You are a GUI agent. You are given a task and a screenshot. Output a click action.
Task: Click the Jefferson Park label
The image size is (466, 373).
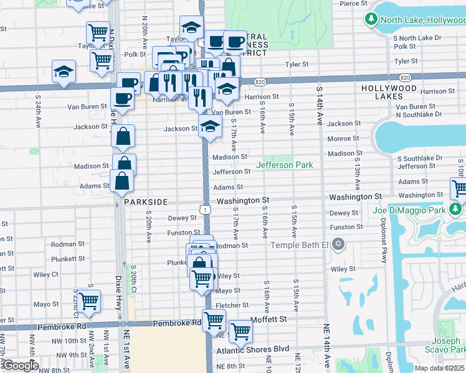(x=284, y=165)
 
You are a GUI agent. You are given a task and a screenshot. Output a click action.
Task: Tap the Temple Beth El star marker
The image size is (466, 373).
(x=338, y=243)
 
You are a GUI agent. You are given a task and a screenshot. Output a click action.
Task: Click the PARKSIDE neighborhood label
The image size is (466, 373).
(x=145, y=203)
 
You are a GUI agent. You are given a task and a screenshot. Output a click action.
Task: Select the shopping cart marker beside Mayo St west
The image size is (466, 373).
(x=88, y=300)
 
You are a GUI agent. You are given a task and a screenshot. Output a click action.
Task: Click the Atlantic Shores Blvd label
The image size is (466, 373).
(x=253, y=349)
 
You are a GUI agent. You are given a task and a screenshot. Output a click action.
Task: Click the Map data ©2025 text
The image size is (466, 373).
(x=440, y=368)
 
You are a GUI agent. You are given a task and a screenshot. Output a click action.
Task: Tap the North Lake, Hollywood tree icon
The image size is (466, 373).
(x=371, y=20)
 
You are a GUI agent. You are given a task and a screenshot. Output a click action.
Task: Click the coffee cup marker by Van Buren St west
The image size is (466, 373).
(x=122, y=98)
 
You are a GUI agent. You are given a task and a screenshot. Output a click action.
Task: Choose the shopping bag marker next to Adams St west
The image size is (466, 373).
(x=122, y=181)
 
